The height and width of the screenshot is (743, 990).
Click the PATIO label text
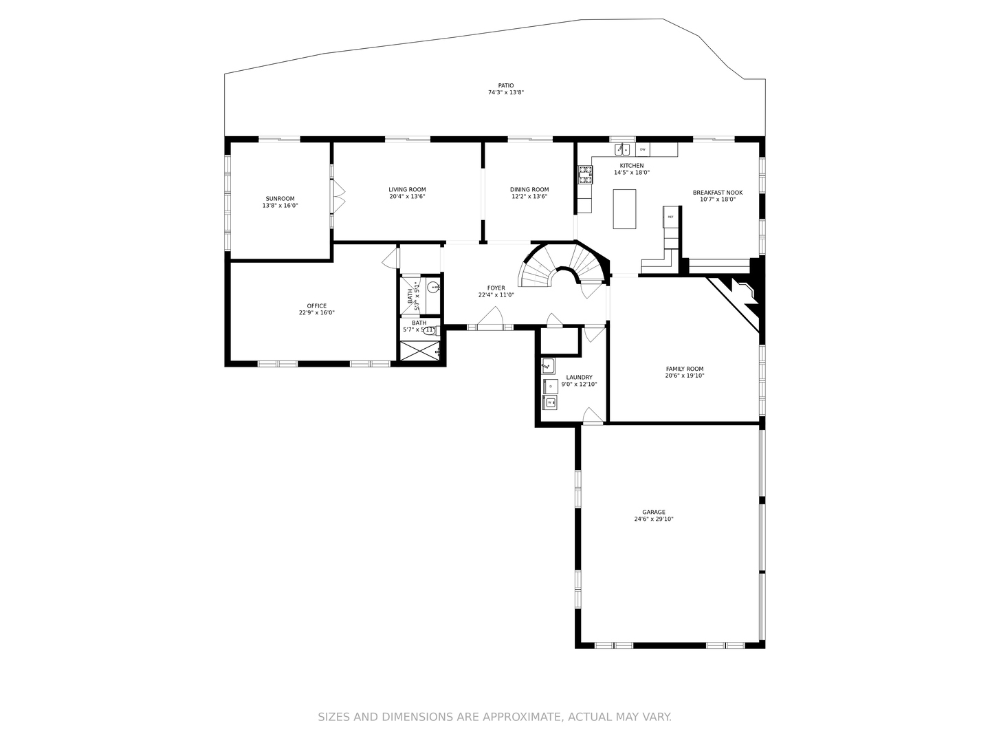pos(505,86)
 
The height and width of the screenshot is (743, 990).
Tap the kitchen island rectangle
pos(624,208)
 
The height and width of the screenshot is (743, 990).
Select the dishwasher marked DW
pos(643,149)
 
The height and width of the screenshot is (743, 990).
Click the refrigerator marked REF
pos(670,217)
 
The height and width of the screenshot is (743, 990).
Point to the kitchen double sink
pos(623,149)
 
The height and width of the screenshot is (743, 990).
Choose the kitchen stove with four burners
pos(585,175)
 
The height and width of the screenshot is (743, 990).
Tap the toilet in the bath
pos(430,330)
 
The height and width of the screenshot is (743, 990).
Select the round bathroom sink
pos(434,287)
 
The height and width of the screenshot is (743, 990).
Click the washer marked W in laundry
pos(551,402)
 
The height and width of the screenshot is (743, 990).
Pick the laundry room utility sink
pos(548,365)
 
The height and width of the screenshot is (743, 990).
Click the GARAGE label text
pos(654,512)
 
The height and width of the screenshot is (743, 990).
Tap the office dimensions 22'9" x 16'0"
pos(316,313)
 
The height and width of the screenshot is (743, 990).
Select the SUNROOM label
pos(280,199)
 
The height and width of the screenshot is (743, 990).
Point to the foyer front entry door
pos(490,320)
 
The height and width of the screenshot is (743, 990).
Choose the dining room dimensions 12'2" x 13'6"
pos(529,197)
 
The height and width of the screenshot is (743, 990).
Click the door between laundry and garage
pos(593,417)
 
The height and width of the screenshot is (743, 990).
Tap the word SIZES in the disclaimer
pos(333,717)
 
